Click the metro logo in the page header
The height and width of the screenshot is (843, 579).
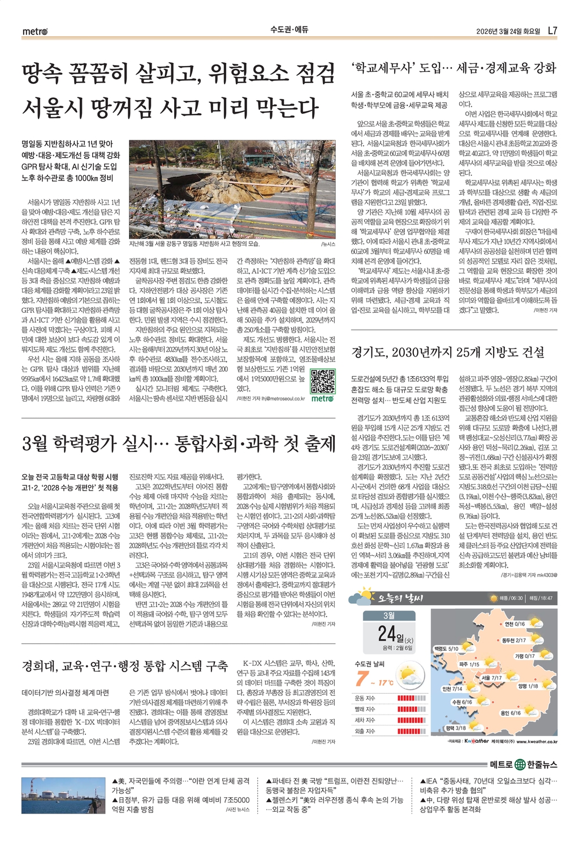[x=35, y=31]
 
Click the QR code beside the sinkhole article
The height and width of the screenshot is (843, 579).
[x=323, y=382]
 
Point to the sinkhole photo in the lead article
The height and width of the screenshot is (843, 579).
[x=232, y=190]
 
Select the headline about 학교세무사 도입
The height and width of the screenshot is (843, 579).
[x=453, y=68]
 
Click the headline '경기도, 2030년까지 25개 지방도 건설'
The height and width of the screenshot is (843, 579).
[x=448, y=352]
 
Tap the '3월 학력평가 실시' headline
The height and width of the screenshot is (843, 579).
[x=179, y=444]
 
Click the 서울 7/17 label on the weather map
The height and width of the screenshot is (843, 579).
[x=491, y=677]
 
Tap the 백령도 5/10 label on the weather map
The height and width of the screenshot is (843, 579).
[x=446, y=648]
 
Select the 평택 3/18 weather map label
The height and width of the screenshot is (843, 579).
[x=456, y=728]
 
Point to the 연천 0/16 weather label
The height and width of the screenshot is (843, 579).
[x=515, y=624]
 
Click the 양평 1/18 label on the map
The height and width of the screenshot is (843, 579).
[x=528, y=686]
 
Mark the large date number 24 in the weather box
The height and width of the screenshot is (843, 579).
[x=387, y=633]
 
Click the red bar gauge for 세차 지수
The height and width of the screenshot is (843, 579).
[x=412, y=720]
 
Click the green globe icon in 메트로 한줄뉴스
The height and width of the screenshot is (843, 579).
[x=520, y=765]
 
